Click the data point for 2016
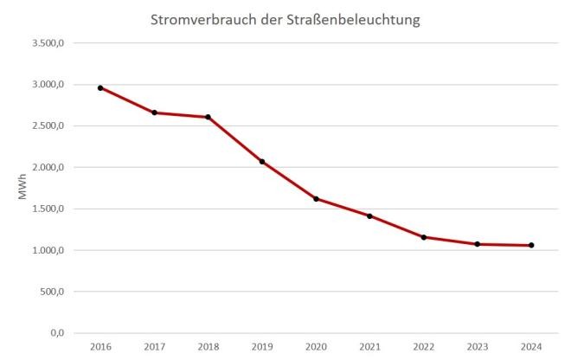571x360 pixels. click(100, 87)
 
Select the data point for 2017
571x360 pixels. click(154, 112)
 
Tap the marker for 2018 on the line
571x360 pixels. click(209, 117)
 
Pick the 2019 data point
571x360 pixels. click(262, 162)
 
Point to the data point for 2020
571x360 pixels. click(316, 199)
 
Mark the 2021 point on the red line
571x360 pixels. click(369, 216)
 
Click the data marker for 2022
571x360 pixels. click(423, 237)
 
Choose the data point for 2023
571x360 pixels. click(478, 244)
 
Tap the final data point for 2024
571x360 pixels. click(531, 245)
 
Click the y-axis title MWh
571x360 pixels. click(23, 188)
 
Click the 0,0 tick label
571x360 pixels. click(59, 333)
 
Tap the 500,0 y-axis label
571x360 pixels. click(55, 292)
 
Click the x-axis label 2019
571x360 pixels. click(262, 347)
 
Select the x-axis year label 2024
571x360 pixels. click(531, 347)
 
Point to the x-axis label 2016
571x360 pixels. click(100, 347)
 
